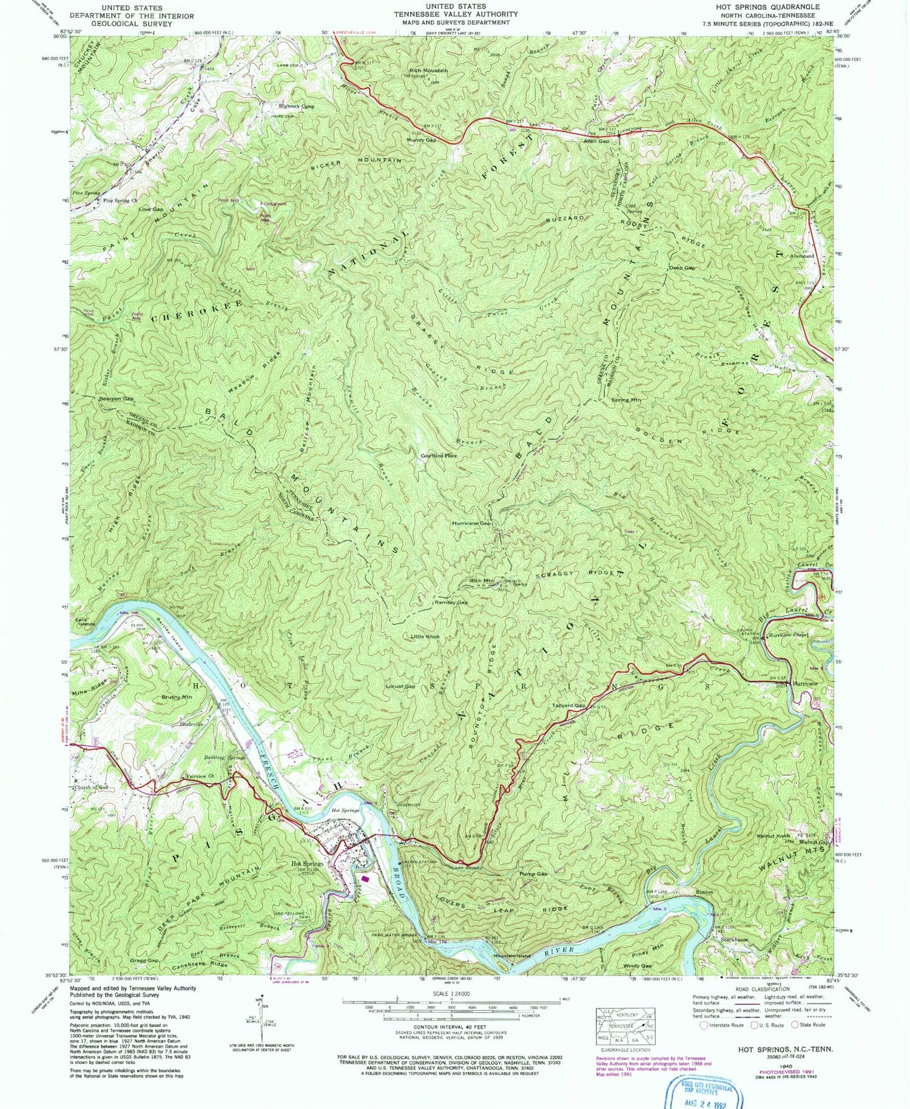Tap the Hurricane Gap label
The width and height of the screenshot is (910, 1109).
click(x=471, y=523)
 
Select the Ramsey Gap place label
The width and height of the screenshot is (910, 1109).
click(x=451, y=603)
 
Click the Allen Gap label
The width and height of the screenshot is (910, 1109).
click(x=596, y=141)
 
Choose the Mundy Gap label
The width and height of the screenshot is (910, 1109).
click(x=422, y=140)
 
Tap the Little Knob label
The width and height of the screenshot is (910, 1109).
click(x=425, y=637)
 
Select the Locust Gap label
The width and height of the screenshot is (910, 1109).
click(x=400, y=686)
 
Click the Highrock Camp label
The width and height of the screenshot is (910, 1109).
click(x=297, y=106)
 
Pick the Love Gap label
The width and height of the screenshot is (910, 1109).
click(x=151, y=209)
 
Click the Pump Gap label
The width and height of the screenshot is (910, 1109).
click(x=534, y=874)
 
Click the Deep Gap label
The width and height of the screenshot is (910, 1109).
click(x=682, y=268)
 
